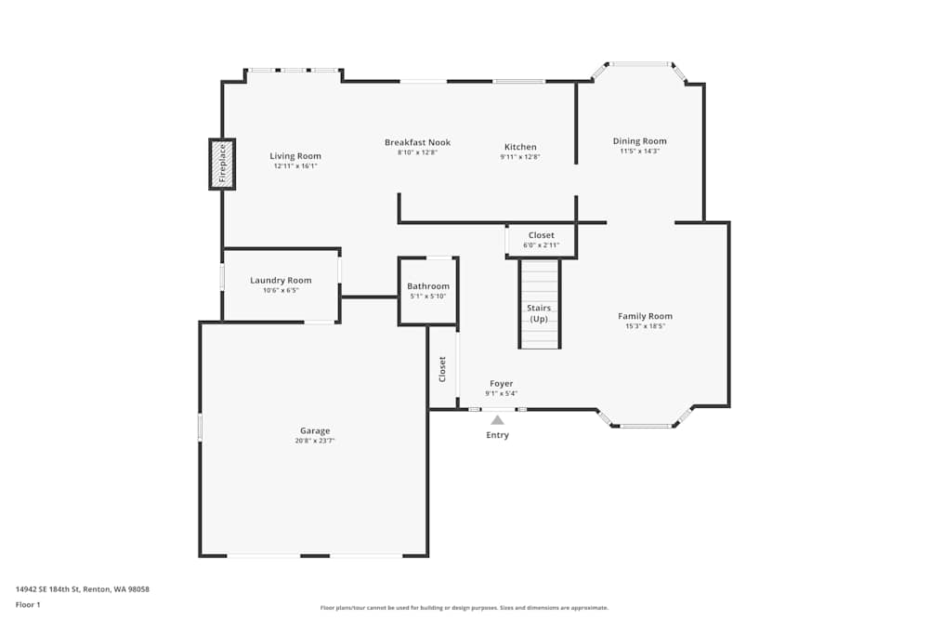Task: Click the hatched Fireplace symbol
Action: click(222, 165)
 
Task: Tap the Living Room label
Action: click(295, 156)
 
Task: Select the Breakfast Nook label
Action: click(418, 142)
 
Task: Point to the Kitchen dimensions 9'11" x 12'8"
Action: click(520, 157)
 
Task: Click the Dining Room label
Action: click(640, 141)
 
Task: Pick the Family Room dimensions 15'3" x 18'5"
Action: click(646, 326)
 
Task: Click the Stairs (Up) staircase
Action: click(540, 303)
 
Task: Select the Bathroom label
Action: click(428, 285)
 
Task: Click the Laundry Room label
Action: click(281, 281)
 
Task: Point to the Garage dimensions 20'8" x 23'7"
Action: click(315, 441)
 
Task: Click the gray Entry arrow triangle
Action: click(498, 420)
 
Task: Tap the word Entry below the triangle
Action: click(498, 435)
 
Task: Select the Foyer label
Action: click(502, 384)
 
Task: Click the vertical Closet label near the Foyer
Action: click(442, 369)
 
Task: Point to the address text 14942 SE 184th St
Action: click(46, 589)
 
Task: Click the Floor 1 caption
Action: click(28, 604)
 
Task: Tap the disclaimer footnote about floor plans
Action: click(464, 608)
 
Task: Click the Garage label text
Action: click(315, 431)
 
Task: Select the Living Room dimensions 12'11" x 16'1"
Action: click(295, 166)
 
